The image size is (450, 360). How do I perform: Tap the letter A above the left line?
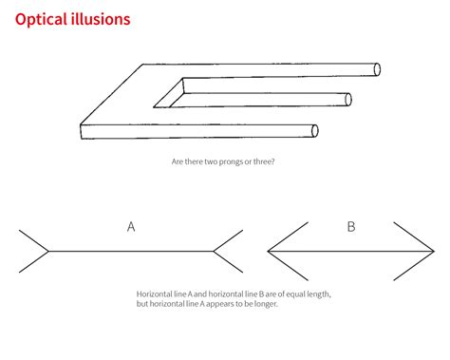coord(131,227)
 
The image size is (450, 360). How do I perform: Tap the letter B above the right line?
coord(350,227)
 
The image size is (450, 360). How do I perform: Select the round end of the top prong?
coord(377,69)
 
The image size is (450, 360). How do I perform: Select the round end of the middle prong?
coord(348,99)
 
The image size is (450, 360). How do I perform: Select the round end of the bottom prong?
coord(315,131)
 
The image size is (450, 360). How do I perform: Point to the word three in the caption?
coord(263,161)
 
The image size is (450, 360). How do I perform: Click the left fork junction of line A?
coord(48,251)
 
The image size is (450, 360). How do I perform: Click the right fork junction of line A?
coord(214,251)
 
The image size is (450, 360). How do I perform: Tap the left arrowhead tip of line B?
coord(270,251)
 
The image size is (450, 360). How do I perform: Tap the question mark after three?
coord(275,161)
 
